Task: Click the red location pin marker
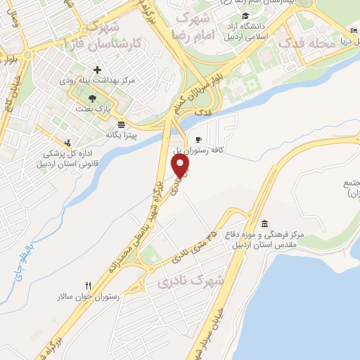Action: [181, 165]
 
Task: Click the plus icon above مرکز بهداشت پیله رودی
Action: [97, 70]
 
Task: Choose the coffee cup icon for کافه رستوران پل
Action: [198, 139]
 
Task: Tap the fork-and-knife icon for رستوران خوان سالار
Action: [88, 285]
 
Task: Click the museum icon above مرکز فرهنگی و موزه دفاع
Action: [264, 222]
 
